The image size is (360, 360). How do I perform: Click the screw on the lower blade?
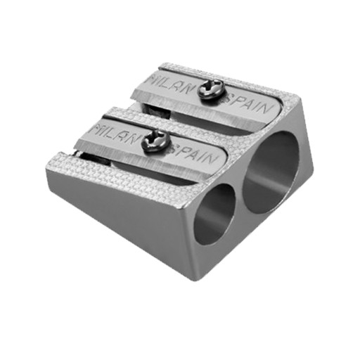click(156, 141)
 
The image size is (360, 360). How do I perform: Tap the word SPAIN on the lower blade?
click(193, 155)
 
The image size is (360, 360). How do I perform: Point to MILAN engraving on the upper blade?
click(170, 84)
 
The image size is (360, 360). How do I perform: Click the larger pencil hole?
click(271, 172)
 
